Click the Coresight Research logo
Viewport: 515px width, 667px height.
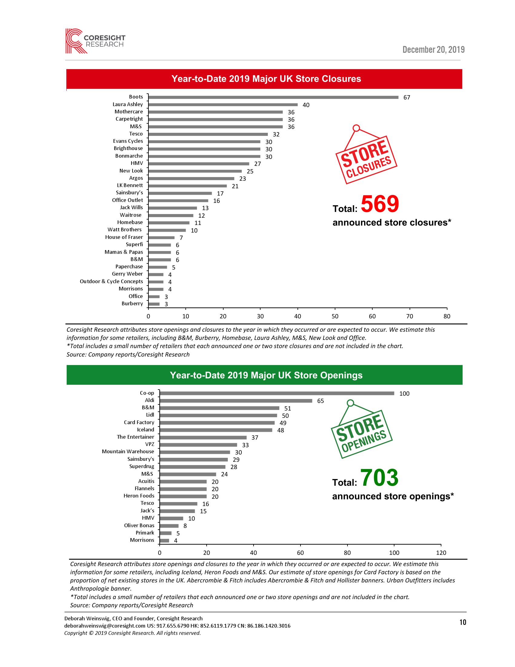coord(95,41)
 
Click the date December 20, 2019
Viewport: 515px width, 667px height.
coord(433,49)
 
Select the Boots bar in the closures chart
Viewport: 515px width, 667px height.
coord(273,97)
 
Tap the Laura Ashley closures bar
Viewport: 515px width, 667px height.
coord(223,105)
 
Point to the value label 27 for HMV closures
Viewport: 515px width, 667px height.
coord(257,164)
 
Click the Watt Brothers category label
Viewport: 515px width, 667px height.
coord(125,230)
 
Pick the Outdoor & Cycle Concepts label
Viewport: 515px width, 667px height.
coord(111,281)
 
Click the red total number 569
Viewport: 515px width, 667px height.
coord(380,204)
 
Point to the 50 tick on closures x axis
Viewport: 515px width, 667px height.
coord(335,317)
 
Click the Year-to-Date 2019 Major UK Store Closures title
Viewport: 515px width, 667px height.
coord(266,79)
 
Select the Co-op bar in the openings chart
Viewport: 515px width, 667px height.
coord(277,393)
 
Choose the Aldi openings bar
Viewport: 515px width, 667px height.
coord(236,401)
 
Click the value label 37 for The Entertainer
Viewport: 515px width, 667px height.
coord(255,437)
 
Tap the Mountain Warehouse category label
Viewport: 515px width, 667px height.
coord(128,452)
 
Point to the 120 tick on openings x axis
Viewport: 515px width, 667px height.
coord(441,552)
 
